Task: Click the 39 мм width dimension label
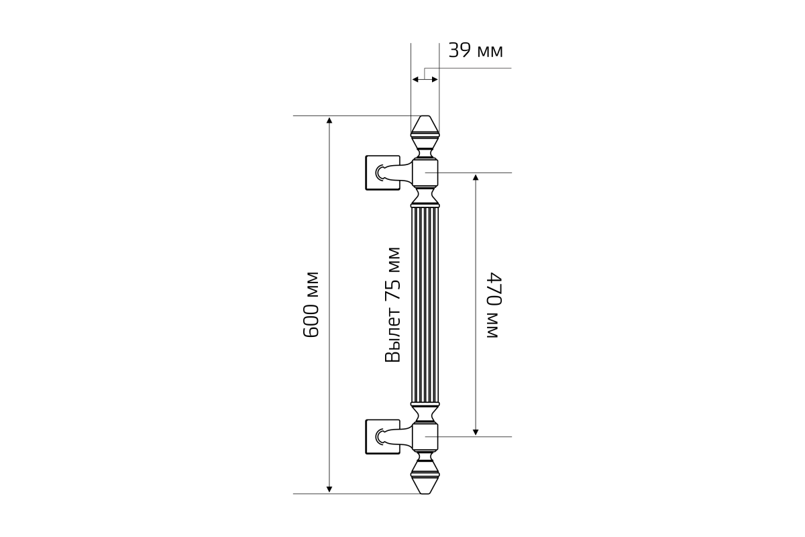pyautogui.click(x=476, y=51)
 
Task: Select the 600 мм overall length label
pyautogui.click(x=311, y=305)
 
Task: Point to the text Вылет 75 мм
pyautogui.click(x=392, y=305)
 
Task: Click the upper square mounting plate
pyautogui.click(x=382, y=173)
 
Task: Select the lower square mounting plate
pyautogui.click(x=382, y=437)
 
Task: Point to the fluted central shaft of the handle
pyautogui.click(x=425, y=305)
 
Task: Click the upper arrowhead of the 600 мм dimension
pyautogui.click(x=329, y=120)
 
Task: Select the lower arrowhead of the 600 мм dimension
pyautogui.click(x=329, y=489)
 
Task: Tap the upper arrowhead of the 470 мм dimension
pyautogui.click(x=476, y=177)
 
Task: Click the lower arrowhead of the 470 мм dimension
pyautogui.click(x=476, y=432)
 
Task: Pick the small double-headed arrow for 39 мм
pyautogui.click(x=425, y=79)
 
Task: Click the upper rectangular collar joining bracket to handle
pyautogui.click(x=425, y=173)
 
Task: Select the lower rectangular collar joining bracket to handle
pyautogui.click(x=425, y=437)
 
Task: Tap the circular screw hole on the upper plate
pyautogui.click(x=378, y=173)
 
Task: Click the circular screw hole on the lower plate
pyautogui.click(x=378, y=437)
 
